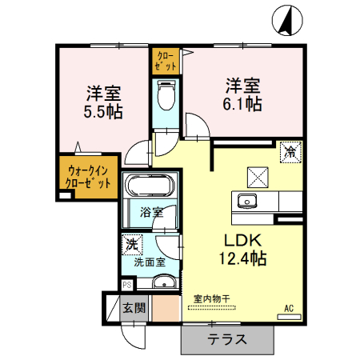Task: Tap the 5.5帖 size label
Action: point(104,112)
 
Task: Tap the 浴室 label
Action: point(151,213)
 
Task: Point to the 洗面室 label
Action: point(149,261)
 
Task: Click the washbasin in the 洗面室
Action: point(165,282)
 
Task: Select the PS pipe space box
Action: point(126,284)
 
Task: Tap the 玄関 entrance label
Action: point(133,306)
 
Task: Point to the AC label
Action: point(288,306)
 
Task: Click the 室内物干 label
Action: point(212,299)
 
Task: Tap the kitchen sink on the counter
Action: point(246,200)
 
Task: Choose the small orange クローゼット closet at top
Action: point(166,62)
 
